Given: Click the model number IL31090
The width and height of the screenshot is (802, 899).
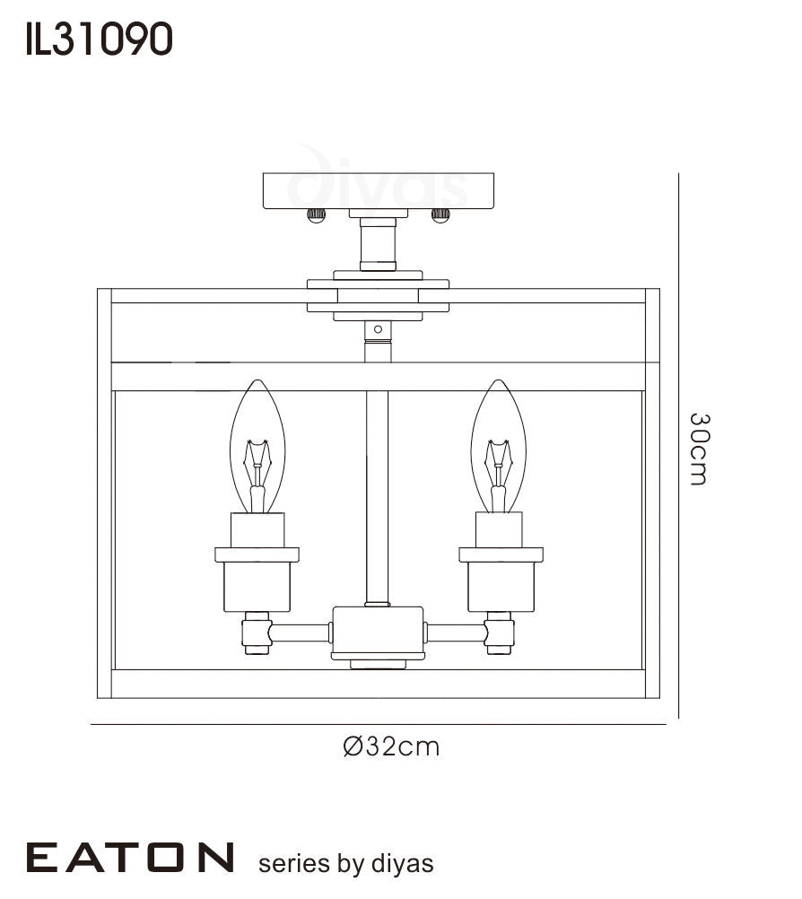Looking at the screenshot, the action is click(x=99, y=39).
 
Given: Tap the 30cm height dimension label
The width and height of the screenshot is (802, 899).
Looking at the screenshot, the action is click(x=699, y=449).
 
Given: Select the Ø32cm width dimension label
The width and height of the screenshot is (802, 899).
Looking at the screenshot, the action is click(x=391, y=746).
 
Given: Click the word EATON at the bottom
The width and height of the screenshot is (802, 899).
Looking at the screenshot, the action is click(x=130, y=858).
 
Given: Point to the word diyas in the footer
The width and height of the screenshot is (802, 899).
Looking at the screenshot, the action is click(x=403, y=863).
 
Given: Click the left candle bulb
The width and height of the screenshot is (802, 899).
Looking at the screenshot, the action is click(x=257, y=446).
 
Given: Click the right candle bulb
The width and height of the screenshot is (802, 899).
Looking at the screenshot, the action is click(x=499, y=446).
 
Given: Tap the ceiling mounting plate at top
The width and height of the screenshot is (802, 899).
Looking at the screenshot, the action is click(x=379, y=191).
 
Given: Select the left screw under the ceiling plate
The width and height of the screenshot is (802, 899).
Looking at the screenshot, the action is click(x=316, y=215).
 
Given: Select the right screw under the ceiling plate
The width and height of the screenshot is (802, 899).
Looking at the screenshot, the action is click(x=440, y=215).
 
